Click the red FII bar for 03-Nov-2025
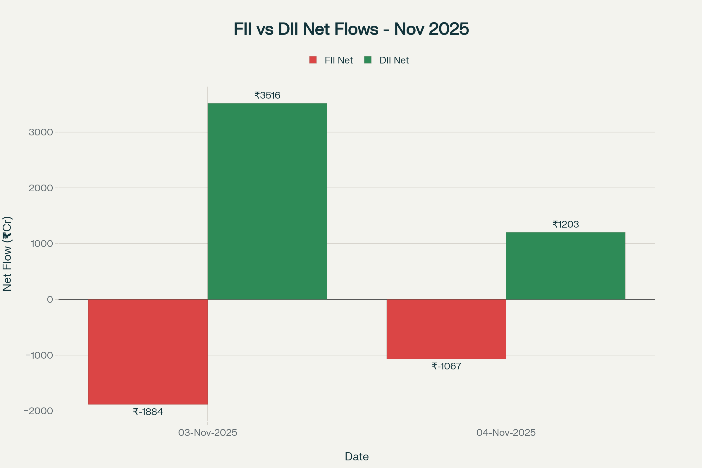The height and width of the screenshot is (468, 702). point(148,352)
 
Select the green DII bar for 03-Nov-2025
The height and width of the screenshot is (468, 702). point(267,201)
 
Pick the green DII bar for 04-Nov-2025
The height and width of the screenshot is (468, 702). point(566,266)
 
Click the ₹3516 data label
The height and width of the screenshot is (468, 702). point(267,96)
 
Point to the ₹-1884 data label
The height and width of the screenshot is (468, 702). point(148,412)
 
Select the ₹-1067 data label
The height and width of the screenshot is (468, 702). point(446,366)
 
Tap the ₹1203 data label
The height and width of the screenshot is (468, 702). point(566,224)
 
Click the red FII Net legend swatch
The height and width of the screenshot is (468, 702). point(313,60)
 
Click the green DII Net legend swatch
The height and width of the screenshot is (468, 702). point(368,60)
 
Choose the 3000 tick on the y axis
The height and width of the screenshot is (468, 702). point(41,132)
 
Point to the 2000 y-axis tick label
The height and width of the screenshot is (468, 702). point(41,188)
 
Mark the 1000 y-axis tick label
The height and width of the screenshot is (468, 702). point(42,244)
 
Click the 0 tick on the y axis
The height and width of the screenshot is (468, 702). point(50,299)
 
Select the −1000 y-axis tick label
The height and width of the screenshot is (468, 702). point(39,355)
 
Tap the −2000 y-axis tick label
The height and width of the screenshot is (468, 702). point(38,411)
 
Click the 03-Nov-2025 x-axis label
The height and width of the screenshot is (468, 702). point(207,433)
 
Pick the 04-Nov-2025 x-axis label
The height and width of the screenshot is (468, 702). point(506,433)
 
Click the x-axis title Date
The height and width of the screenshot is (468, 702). point(357,457)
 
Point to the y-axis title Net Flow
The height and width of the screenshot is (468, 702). point(7,254)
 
